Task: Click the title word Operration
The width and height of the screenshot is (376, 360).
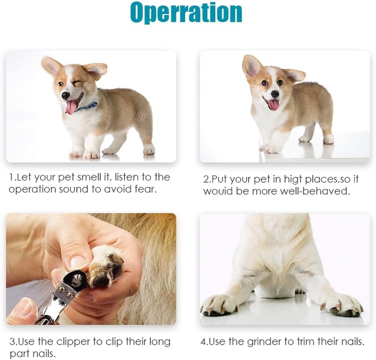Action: point(186,13)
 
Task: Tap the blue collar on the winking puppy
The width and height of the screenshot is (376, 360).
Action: point(88,107)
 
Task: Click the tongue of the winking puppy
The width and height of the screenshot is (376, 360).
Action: point(71,107)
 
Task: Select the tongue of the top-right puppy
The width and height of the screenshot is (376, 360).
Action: point(273,105)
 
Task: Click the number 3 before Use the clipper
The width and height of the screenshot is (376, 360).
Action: point(12,342)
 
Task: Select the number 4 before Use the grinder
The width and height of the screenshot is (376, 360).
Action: point(203,342)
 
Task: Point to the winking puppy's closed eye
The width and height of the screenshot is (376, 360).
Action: point(78,83)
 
